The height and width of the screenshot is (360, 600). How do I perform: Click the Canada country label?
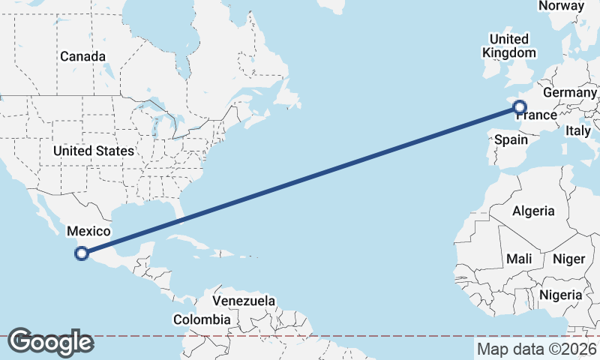82,56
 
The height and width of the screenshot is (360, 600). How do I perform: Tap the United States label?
94,151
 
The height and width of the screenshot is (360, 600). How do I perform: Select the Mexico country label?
88,231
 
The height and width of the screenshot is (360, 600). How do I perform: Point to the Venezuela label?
243,301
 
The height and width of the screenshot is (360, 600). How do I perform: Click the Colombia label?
202,319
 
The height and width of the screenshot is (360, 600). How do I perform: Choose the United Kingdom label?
509,46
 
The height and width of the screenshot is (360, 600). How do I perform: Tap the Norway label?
561,6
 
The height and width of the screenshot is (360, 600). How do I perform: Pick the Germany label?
569,92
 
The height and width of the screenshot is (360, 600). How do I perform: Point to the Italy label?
578,130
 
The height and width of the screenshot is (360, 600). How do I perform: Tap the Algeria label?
533,211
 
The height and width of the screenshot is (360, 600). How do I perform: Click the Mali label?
519,259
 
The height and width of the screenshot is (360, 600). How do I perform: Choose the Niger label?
568,259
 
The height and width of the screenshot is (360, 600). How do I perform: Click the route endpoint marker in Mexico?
82,253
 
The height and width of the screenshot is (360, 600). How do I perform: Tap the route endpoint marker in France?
518,108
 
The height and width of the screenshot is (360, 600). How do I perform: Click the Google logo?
50,342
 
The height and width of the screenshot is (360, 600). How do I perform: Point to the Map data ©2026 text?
536,349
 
